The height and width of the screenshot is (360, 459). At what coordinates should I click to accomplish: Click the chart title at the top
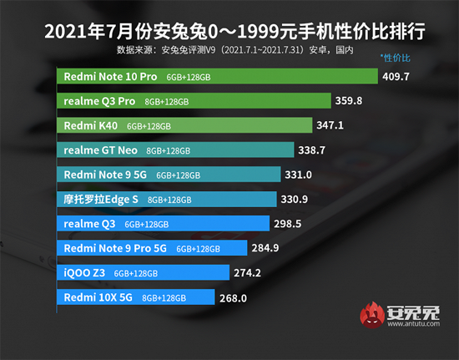tap(229, 33)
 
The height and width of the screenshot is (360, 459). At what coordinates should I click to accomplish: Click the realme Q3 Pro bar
tap(200, 101)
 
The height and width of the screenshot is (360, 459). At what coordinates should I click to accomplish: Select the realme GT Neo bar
tap(179, 150)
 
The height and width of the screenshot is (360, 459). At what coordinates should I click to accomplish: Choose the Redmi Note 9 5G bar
tap(171, 175)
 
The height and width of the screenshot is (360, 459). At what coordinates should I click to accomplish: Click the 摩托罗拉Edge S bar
tap(171, 200)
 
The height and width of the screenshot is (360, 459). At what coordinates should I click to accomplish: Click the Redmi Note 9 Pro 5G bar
tap(154, 248)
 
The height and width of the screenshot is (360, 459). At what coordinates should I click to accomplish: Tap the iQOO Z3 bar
tap(146, 272)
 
